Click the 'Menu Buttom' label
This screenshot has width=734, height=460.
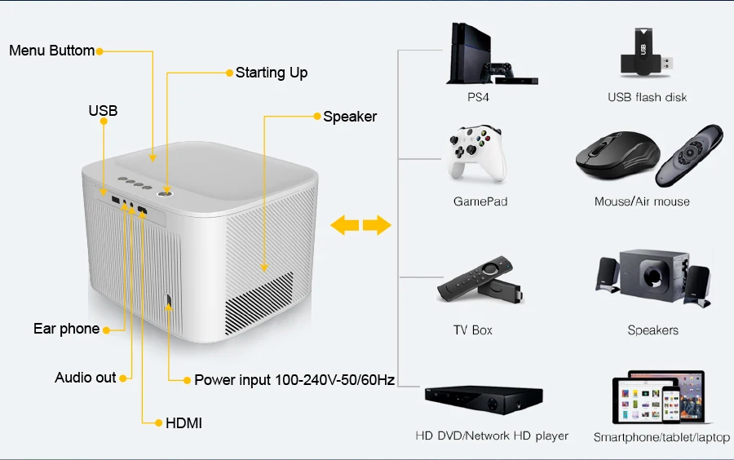click(51, 51)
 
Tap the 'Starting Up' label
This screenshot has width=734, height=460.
click(272, 73)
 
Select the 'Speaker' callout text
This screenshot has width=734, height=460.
click(350, 117)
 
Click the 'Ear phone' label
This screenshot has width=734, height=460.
click(66, 329)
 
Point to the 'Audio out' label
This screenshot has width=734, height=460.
click(85, 378)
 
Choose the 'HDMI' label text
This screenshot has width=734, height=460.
click(183, 423)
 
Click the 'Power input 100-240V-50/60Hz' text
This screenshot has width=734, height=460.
click(294, 380)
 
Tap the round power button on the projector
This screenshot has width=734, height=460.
click(166, 191)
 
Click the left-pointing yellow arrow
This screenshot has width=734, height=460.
click(345, 225)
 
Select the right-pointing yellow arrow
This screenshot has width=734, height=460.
click(377, 225)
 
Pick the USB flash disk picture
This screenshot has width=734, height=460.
click(646, 54)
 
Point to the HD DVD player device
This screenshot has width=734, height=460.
click(483, 400)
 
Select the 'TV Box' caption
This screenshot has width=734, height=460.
click(473, 330)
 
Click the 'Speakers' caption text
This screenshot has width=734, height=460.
click(652, 330)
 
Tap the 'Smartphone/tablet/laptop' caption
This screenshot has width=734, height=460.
click(661, 437)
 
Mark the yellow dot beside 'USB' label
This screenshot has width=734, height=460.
click(104, 122)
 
